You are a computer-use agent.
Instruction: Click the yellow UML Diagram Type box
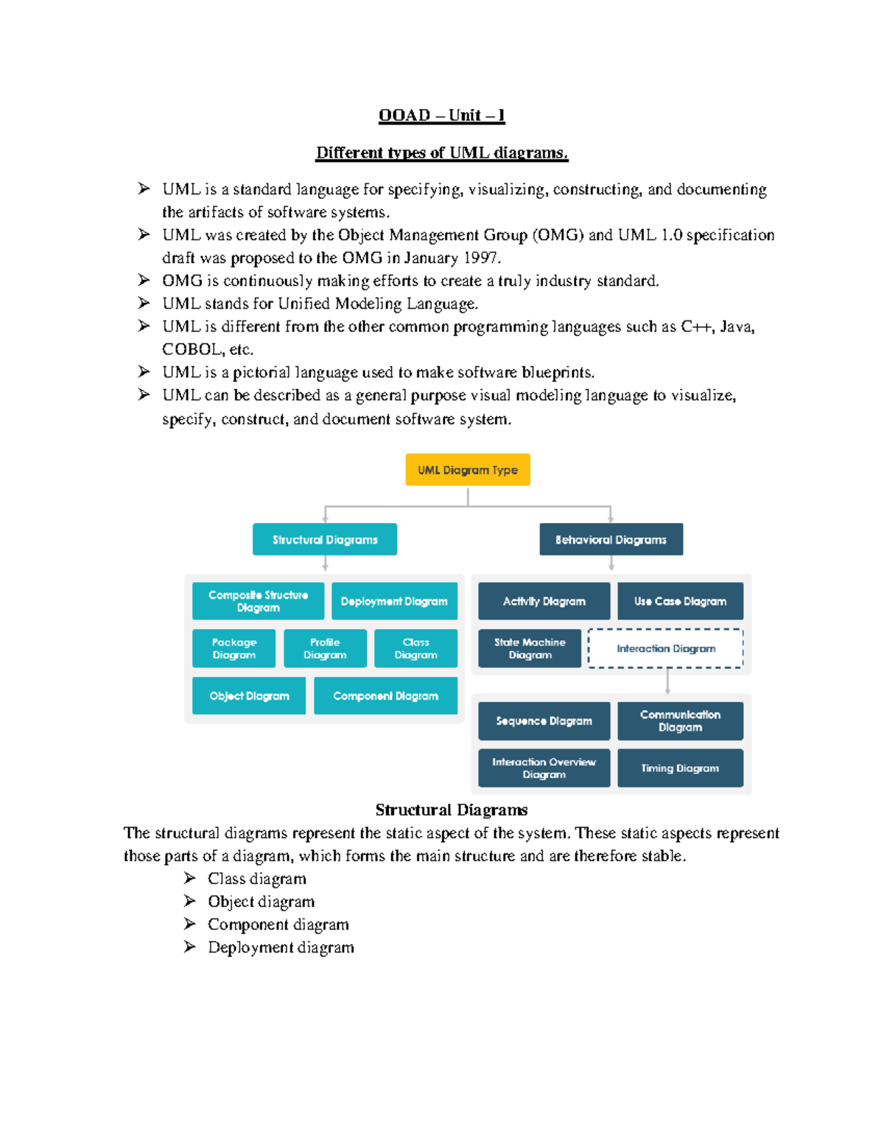pos(468,470)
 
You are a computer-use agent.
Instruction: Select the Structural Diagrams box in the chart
pos(325,540)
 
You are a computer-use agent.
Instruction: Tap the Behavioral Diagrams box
pos(611,540)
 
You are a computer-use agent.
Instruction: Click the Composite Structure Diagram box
pos(258,601)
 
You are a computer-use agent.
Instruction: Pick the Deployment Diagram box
pos(394,601)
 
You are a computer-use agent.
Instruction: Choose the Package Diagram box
pos(234,648)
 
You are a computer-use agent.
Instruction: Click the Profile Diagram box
pos(325,648)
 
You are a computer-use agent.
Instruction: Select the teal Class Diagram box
pos(415,648)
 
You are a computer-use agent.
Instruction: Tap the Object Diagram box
pos(249,696)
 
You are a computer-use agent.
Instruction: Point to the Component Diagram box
pos(385,696)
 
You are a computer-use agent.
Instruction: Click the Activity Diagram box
pos(544,601)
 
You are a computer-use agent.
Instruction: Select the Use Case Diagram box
pos(680,601)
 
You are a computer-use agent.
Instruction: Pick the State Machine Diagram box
pos(530,648)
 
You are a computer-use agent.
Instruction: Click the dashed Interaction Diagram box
pos(666,648)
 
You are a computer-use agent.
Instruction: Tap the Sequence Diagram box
pos(544,720)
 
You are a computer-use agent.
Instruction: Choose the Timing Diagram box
pos(680,768)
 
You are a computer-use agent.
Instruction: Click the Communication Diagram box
pos(680,720)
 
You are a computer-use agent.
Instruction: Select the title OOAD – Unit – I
pos(441,115)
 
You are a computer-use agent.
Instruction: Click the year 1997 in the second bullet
pos(480,258)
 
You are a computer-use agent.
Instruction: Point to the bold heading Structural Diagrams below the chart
pos(451,810)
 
